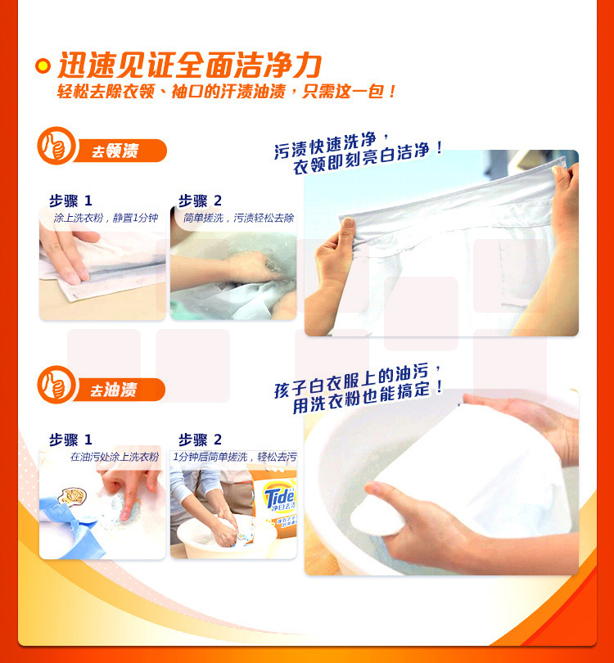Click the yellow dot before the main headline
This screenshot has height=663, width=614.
pos(43,65)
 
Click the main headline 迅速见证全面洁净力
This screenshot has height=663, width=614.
pos(189,65)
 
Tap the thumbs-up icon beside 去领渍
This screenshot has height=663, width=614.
pos(56,146)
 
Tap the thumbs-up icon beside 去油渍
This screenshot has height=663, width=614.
pos(56,385)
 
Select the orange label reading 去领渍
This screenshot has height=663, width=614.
pos(120,151)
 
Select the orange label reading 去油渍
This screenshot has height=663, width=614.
pos(120,390)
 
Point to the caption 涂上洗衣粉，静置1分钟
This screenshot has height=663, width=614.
pos(106,218)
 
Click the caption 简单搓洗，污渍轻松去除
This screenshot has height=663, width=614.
pos(238,218)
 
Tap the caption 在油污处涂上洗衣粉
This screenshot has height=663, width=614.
pos(115,457)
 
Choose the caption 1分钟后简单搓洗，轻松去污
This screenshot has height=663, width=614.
pos(235,457)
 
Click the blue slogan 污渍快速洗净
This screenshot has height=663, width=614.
pos(325,145)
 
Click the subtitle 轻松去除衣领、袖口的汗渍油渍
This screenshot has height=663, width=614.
pos(171,92)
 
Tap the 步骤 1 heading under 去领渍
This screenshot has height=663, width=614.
pos(70,201)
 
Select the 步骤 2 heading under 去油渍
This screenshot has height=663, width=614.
pos(200,440)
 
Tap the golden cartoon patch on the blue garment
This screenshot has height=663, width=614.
pos(73,496)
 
